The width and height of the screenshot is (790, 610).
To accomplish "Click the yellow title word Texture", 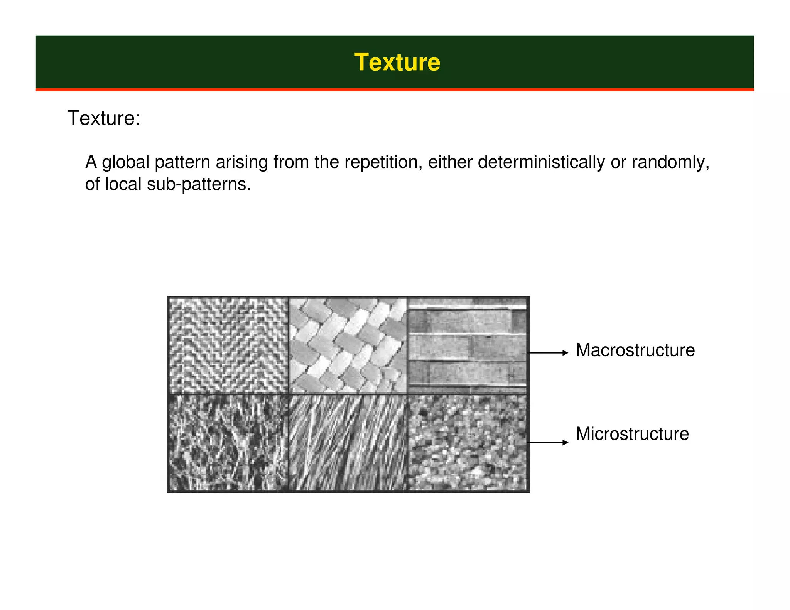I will pos(397,62).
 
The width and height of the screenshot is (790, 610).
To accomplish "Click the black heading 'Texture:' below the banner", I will pos(104,118).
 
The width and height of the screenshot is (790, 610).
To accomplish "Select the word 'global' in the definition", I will pos(125,162).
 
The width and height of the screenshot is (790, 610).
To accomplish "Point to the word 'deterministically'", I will pos(541,162).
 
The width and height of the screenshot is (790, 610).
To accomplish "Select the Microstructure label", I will pos(632,434).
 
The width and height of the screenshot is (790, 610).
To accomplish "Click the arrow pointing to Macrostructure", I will pos(548,353).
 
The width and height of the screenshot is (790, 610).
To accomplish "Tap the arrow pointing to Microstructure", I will pos(548,443).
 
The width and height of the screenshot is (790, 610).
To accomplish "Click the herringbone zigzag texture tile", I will pos(228,345).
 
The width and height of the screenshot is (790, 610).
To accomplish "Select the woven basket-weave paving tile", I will pos(348,345).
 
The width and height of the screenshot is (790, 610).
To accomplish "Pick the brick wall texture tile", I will pos(467,345).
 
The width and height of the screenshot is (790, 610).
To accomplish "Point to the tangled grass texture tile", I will pos(228,443).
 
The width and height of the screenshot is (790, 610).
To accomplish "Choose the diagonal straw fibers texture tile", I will pos(348,443).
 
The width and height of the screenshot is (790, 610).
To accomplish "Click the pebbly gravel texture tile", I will pos(467,443).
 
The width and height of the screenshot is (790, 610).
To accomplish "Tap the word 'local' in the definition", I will pos(123,184).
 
